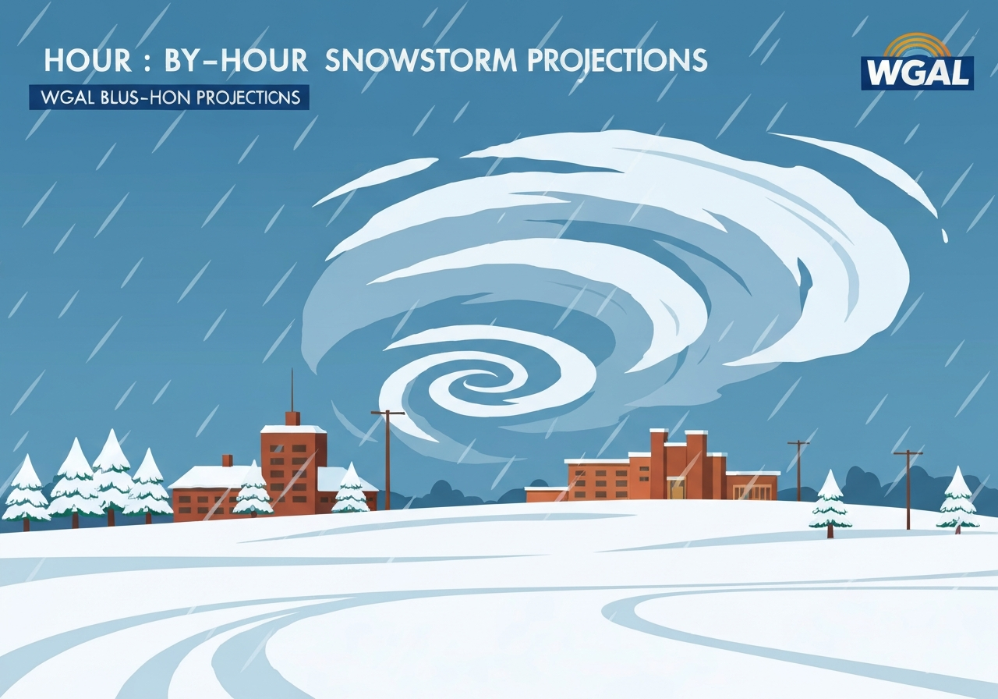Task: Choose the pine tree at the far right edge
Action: pos(957,499)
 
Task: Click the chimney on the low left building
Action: pos(227,460)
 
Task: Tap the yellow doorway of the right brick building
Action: pos(675,489)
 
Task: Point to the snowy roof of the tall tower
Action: pos(293,429)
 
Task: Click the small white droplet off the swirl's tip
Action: pos(945,235)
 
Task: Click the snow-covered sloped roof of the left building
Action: pos(207,477)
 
